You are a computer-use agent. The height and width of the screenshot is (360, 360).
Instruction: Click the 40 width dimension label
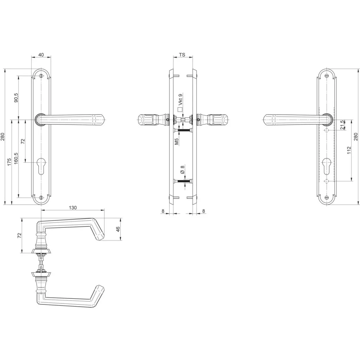(41, 55)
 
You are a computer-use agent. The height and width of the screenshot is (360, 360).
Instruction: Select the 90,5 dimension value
(16, 98)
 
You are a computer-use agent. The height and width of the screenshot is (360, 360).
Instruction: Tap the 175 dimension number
(9, 162)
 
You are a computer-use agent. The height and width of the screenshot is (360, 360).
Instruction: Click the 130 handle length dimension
(72, 208)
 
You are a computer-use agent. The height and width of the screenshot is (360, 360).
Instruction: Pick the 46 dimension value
(118, 229)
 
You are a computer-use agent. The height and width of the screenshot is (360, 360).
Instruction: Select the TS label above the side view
(182, 55)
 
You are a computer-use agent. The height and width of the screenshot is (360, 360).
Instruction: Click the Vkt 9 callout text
(180, 99)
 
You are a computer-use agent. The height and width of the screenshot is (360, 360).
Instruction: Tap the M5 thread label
(176, 141)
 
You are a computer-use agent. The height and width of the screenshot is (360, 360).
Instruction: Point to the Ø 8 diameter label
(182, 170)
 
